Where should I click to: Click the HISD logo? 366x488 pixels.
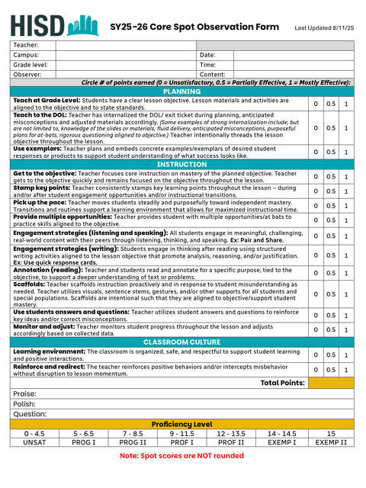pyautogui.click(x=56, y=25)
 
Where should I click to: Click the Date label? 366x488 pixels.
pyautogui.click(x=207, y=56)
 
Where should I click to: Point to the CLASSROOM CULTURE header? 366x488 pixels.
pyautogui.click(x=182, y=342)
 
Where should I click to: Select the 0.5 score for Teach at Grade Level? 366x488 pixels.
pyautogui.click(x=330, y=104)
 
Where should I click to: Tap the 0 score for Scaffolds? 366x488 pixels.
pyautogui.click(x=315, y=294)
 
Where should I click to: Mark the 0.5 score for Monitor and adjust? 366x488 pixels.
pyautogui.click(x=330, y=329)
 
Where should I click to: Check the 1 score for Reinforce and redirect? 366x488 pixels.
pyautogui.click(x=346, y=370)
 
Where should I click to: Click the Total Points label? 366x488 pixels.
pyautogui.click(x=282, y=382)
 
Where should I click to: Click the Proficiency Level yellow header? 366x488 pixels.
pyautogui.click(x=182, y=424)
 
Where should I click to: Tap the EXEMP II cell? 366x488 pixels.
pyautogui.click(x=331, y=442)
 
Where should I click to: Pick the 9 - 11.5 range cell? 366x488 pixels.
pyautogui.click(x=182, y=433)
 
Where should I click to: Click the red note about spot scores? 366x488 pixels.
pyautogui.click(x=182, y=456)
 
